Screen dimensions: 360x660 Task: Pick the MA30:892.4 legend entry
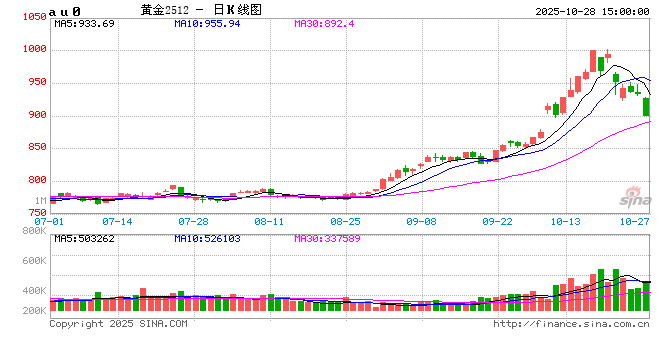pos(324,22)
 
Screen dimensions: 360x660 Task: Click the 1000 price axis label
pos(32,49)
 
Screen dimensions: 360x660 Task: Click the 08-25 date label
pos(345,220)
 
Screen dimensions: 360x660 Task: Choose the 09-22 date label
pos(497,220)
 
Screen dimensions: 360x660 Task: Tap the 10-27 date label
pos(634,220)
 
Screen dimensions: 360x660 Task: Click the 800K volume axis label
pos(33,231)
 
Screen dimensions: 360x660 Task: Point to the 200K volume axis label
pos(33,312)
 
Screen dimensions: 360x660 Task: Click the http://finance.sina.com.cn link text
pos(569,324)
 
